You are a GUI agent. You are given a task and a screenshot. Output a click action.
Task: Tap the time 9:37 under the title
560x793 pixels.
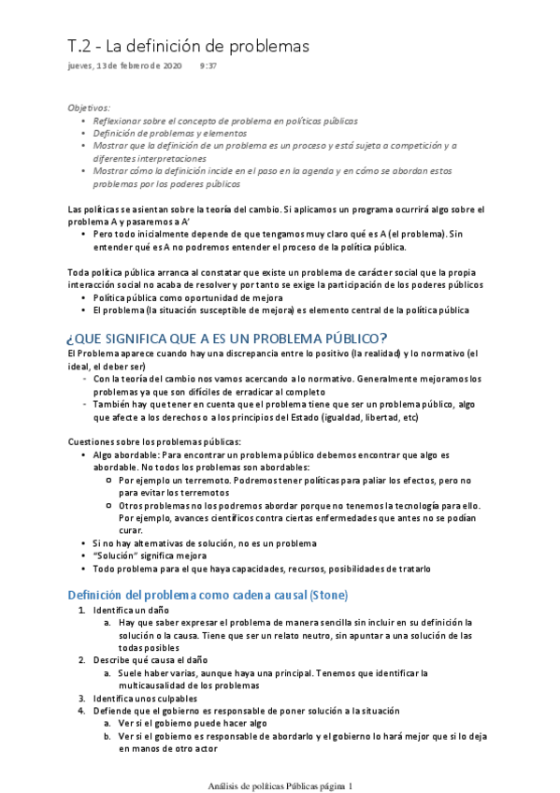click(x=208, y=67)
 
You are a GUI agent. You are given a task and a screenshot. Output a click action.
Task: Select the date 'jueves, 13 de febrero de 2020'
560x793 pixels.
click(x=126, y=67)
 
